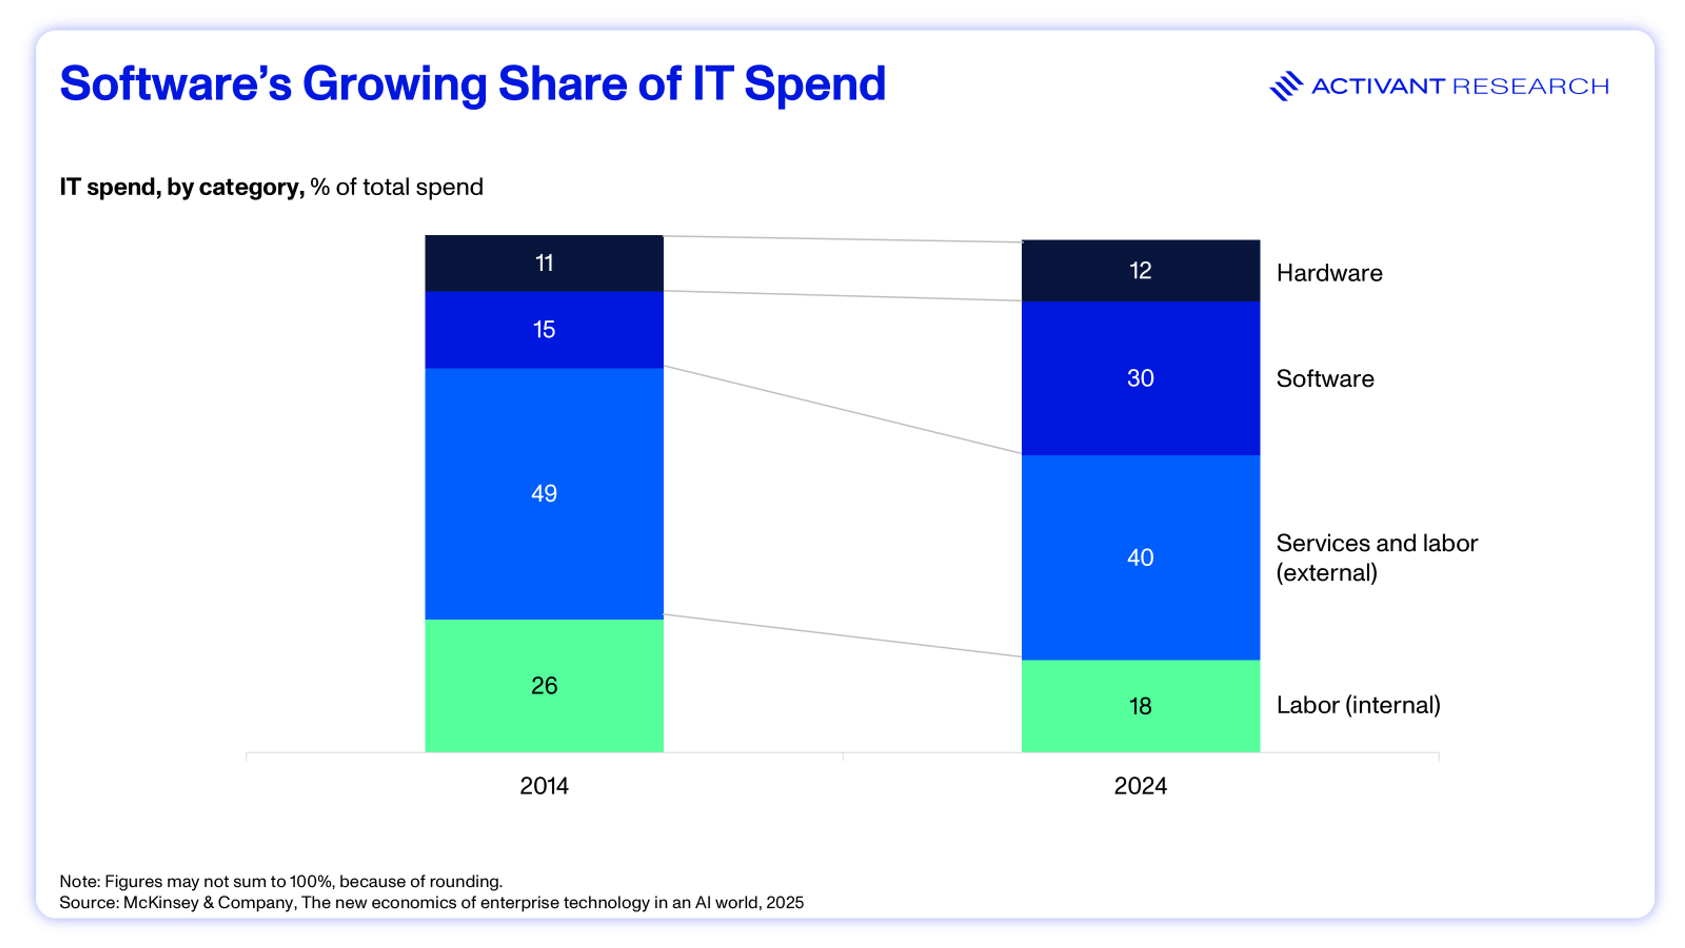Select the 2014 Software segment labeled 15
tap(544, 329)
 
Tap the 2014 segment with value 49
tap(544, 493)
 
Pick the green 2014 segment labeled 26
tap(544, 685)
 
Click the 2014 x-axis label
tap(544, 786)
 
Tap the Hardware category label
tap(1329, 273)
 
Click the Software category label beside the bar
tap(1325, 379)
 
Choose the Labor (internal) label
tap(1358, 705)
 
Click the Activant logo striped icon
tap(1285, 86)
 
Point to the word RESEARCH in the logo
tap(1530, 86)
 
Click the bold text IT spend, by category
tap(181, 187)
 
